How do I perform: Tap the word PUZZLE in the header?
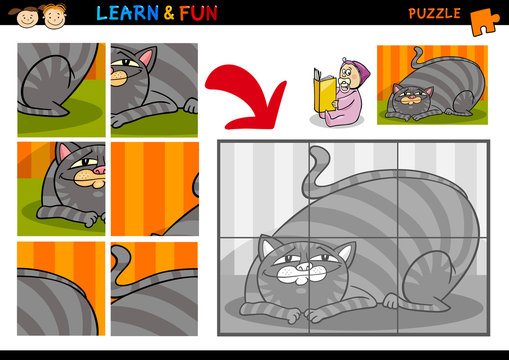tap(434, 13)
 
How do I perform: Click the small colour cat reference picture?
tap(432, 85)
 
